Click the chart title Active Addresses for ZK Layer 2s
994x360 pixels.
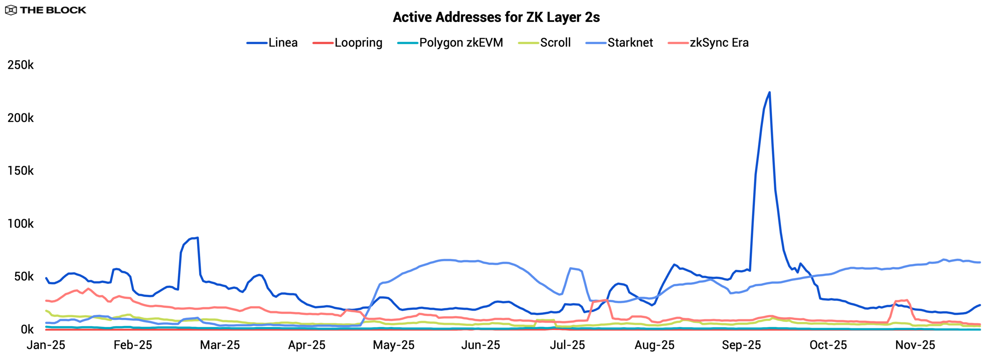click(496, 17)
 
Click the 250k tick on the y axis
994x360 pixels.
click(21, 65)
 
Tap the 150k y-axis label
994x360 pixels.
click(21, 171)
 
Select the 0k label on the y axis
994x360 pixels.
click(27, 330)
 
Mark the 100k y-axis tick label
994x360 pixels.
click(21, 224)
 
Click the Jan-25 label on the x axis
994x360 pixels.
click(46, 345)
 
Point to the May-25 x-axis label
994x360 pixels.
click(394, 345)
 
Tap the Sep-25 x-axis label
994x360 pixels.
click(741, 345)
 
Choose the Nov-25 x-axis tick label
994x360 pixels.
click(915, 345)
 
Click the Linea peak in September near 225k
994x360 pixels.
click(770, 92)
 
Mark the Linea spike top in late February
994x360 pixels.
click(197, 238)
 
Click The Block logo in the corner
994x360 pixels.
click(46, 10)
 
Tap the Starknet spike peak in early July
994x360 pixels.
click(570, 268)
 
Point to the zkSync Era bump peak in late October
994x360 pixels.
click(906, 300)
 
